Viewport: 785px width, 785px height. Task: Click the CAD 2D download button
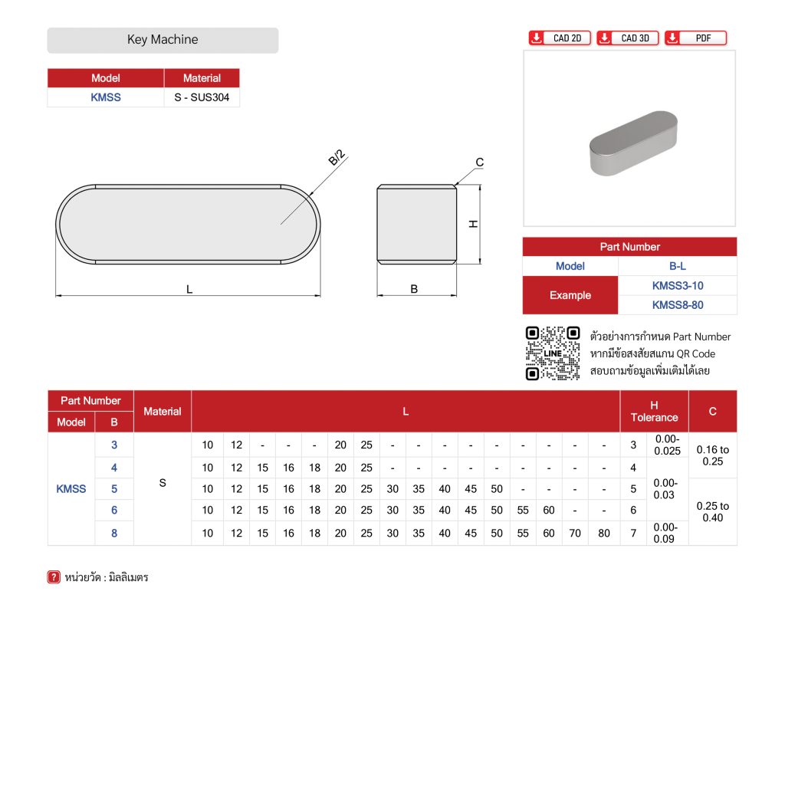(560, 38)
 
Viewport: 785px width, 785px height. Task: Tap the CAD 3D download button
(628, 38)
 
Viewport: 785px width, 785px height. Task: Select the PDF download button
(695, 38)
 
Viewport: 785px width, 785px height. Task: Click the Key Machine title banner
(163, 40)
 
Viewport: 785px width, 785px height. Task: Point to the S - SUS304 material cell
(202, 97)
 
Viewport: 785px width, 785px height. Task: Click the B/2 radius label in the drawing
(337, 158)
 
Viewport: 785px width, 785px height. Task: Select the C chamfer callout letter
(479, 163)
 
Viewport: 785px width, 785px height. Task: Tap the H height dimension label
(474, 224)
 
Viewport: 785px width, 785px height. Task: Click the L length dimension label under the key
(189, 289)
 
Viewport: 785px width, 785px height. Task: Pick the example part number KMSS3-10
(677, 286)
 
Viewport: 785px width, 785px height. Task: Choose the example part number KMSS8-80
(677, 305)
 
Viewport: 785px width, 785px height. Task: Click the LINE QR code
(552, 353)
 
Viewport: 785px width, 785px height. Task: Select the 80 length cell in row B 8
(604, 533)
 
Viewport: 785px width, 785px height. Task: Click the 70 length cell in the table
(575, 533)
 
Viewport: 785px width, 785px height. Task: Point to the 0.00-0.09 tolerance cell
(667, 533)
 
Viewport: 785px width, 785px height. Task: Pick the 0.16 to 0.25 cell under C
(712, 455)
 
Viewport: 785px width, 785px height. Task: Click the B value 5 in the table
(114, 488)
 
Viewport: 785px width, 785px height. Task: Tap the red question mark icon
(54, 577)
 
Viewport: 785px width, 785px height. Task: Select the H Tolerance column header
(654, 411)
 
